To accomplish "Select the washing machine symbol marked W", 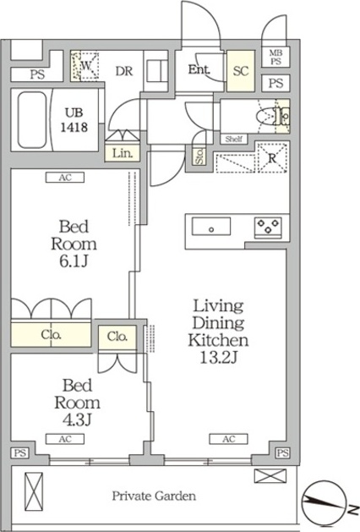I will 85,65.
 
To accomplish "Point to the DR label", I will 123,71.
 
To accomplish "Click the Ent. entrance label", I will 200,70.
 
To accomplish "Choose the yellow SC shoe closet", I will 240,71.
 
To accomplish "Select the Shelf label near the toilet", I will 234,139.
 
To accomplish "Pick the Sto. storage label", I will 199,156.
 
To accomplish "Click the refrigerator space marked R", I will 272,158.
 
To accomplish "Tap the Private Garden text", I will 155,496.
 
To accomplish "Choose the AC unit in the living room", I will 227,439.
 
